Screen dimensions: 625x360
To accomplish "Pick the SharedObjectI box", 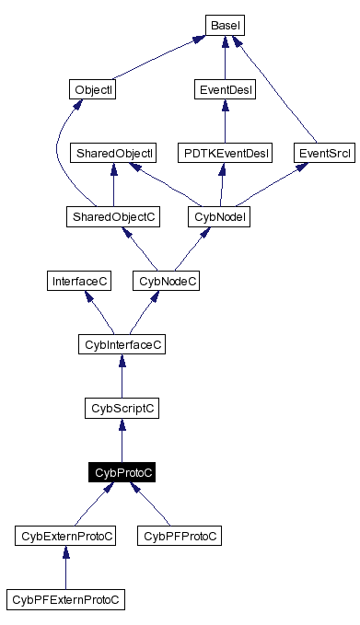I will pyautogui.click(x=113, y=153).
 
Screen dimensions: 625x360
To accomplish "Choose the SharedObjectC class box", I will pyautogui.click(x=113, y=216).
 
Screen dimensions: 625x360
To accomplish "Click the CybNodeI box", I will pyautogui.click(x=220, y=216).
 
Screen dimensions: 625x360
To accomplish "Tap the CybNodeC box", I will pyautogui.click(x=167, y=281).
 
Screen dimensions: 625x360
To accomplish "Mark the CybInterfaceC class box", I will pyautogui.click(x=122, y=344).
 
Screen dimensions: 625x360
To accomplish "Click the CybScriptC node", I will pyautogui.click(x=122, y=408).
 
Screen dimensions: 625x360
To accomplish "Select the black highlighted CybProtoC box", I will pyautogui.click(x=122, y=471).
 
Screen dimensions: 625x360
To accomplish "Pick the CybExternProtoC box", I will pyautogui.click(x=65, y=535).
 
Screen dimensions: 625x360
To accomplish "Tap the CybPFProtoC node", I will pyautogui.click(x=180, y=535).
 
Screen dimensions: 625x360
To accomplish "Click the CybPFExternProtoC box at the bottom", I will pyautogui.click(x=65, y=599).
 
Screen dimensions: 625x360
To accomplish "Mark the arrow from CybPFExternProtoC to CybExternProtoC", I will pyautogui.click(x=65, y=567).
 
